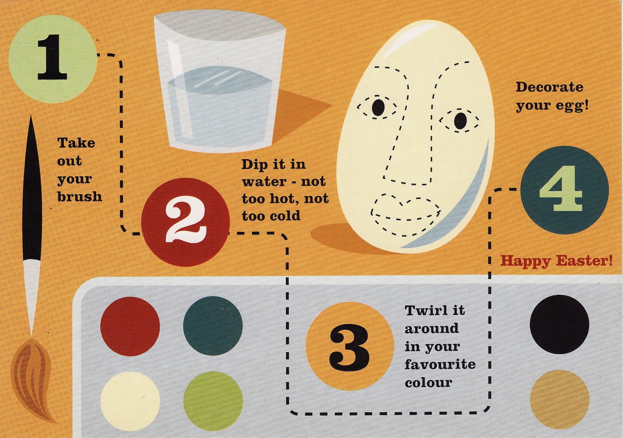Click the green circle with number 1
tap(52, 59)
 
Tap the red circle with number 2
tap(185, 222)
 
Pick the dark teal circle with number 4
tap(565, 190)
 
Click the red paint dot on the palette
tap(130, 326)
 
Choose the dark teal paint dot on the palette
tap(213, 326)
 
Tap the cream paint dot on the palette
tap(130, 401)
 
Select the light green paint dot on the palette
tap(213, 401)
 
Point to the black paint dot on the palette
tap(559, 324)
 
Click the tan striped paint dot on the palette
tap(560, 399)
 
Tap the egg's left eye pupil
tap(378, 107)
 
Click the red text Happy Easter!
tap(556, 261)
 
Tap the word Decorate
tap(549, 87)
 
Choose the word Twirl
tap(423, 310)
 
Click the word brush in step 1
tap(79, 196)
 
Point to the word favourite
tap(440, 364)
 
